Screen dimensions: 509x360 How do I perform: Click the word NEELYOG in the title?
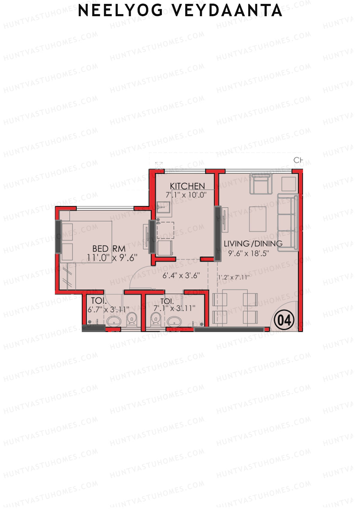point(120,11)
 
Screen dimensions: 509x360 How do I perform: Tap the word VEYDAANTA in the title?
point(227,11)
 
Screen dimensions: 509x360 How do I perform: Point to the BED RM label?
point(109,249)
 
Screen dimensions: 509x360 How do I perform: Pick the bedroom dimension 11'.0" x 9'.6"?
point(112,258)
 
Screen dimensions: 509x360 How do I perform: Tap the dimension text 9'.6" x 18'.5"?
point(248,253)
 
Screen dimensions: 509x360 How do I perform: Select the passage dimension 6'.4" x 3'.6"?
point(181,275)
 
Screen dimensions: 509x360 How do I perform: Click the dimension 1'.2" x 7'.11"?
point(234,277)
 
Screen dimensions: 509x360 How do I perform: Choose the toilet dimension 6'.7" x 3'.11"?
point(108,309)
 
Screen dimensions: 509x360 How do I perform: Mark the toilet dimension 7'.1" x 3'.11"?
point(174,308)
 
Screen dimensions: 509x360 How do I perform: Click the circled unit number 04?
point(284,320)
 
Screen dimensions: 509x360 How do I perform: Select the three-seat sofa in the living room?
point(288,222)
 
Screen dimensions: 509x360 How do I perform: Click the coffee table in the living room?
point(258,219)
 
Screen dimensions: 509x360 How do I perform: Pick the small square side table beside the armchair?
point(289,184)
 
